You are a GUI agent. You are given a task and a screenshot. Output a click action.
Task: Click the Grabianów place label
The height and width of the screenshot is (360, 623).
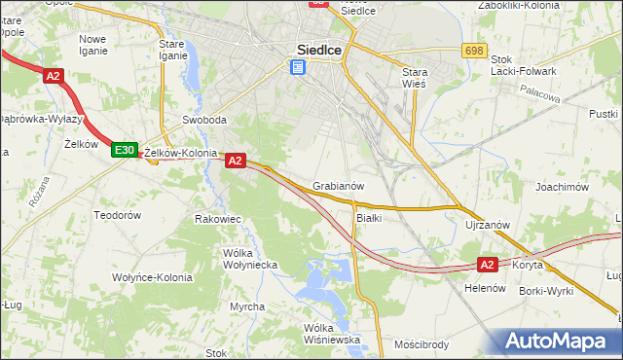pos(338,186)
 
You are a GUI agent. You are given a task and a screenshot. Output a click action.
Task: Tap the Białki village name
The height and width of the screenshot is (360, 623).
pos(369,218)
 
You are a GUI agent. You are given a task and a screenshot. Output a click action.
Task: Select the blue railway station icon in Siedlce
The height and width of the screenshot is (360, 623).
pos(297,67)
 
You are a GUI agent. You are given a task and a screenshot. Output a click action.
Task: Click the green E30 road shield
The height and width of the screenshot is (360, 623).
pos(124,150)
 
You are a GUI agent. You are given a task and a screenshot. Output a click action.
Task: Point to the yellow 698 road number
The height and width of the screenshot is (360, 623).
pos(475,50)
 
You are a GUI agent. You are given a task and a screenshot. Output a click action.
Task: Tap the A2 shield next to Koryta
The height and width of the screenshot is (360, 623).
pos(489,264)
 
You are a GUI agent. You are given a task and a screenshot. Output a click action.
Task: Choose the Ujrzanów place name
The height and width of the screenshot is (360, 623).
pos(488,225)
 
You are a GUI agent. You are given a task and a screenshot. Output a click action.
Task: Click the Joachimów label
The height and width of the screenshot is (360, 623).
pos(564,186)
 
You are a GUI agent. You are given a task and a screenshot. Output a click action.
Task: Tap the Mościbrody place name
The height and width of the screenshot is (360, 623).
pos(421,343)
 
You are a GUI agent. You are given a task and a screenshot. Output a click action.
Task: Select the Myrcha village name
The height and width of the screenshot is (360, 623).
pos(246,306)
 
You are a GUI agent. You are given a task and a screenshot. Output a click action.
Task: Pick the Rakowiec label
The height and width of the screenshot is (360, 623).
pos(218,219)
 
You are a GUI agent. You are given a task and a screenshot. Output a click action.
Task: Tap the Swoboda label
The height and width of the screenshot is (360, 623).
pos(204,121)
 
